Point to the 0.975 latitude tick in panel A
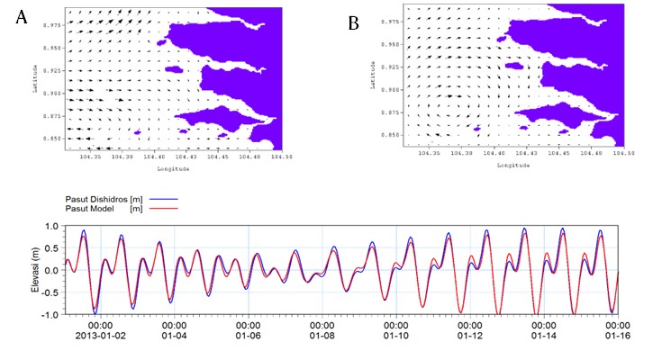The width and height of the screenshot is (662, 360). pos(50,25)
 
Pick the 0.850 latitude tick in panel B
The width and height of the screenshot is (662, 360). pos(389,134)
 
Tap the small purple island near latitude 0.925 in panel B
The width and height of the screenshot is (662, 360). pos(515,66)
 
